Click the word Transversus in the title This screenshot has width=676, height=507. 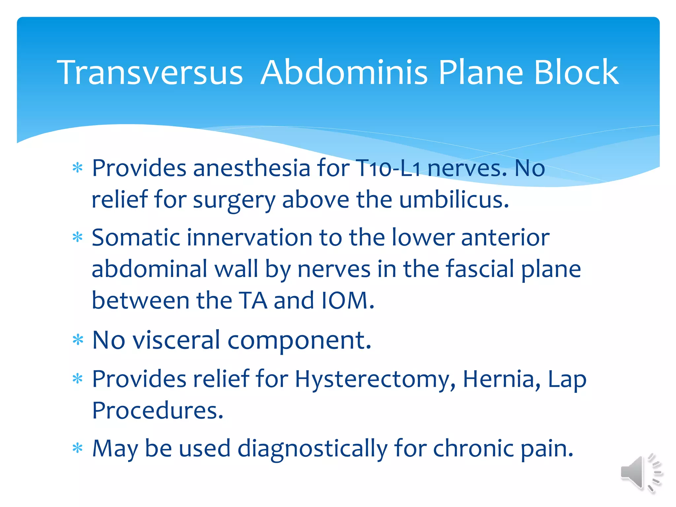coord(150,72)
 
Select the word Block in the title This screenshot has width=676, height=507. coord(576,72)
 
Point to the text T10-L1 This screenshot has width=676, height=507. coord(388,169)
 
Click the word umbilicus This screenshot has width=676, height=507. coord(454,200)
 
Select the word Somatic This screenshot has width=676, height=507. coord(136,238)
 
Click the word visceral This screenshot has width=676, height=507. coord(176,340)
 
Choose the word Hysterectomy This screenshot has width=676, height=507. coord(375,379)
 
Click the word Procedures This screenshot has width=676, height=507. coord(158,411)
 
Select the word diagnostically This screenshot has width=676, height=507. coord(312,449)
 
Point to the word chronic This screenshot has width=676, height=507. coord(473,449)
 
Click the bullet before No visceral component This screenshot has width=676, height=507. coord(78,340)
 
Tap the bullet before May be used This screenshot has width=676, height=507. coord(78,449)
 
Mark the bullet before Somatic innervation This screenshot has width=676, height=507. coord(78,238)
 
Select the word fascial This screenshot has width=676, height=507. coord(480,269)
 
